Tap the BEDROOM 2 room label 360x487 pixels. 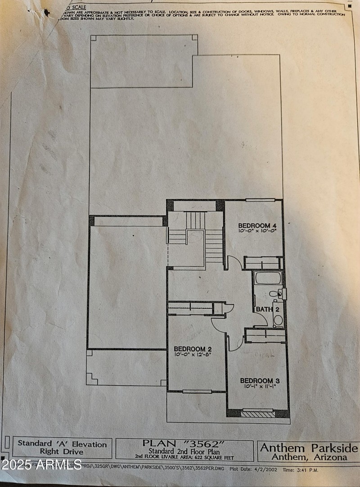pos(193,348)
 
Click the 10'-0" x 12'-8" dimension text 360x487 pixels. pos(193,354)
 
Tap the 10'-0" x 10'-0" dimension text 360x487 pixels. pos(257,230)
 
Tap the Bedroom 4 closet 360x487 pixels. pos(263,263)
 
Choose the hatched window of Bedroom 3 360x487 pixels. pos(257,414)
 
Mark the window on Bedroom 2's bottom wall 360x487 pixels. pos(197,392)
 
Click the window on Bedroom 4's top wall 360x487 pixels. pos(260,200)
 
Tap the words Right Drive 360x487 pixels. pos(63,451)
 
